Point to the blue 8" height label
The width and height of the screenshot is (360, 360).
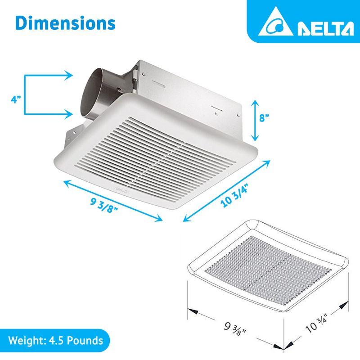click(x=264, y=118)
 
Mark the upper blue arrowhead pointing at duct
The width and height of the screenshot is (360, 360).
click(x=67, y=76)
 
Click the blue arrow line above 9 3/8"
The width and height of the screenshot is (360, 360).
click(x=112, y=200)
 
